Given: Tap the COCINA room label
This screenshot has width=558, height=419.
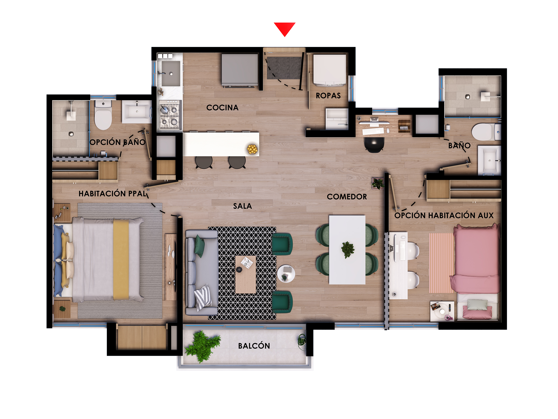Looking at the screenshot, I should click(x=222, y=107).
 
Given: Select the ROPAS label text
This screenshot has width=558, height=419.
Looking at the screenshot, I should click(x=328, y=96).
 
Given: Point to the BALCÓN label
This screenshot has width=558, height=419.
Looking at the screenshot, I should click(x=254, y=346).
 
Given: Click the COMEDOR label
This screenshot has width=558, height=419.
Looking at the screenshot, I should click(x=347, y=197).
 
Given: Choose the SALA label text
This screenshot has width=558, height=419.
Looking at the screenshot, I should click(x=242, y=206).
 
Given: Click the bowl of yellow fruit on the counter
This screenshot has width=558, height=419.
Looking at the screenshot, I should click(x=252, y=149).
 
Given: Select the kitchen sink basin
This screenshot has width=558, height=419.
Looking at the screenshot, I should click(x=171, y=74).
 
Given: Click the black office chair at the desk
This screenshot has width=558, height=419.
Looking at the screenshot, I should click(x=374, y=144).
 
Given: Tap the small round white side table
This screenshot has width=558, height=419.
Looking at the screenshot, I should click(x=286, y=274).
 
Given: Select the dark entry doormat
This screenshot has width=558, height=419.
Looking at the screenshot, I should click(x=284, y=68).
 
